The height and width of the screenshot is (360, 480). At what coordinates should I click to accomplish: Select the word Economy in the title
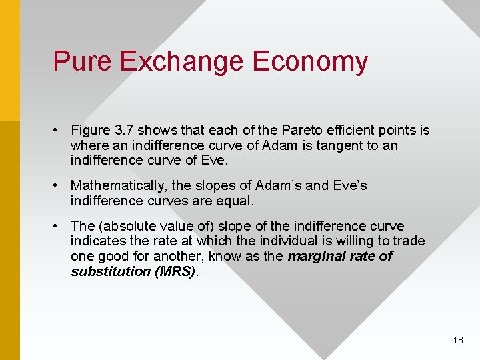point(310,61)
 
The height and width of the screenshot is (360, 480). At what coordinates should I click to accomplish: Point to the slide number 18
point(457,340)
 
